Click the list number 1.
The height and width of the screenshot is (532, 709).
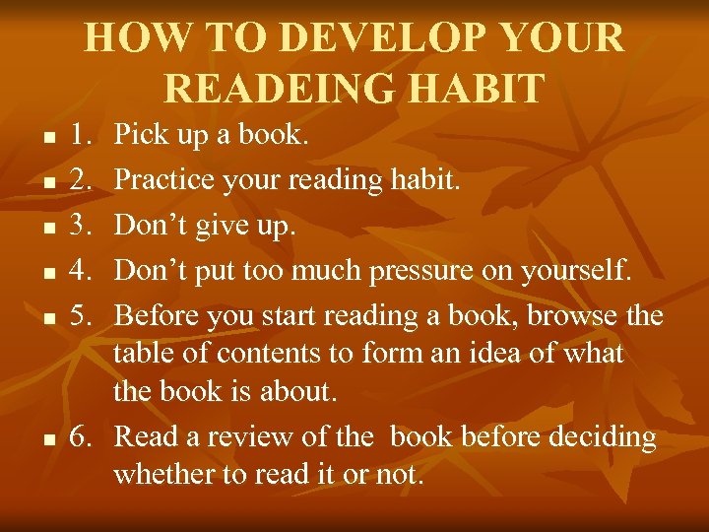click(x=83, y=135)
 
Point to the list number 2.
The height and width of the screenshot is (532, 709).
click(x=83, y=179)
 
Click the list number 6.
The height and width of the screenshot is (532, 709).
click(x=83, y=435)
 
